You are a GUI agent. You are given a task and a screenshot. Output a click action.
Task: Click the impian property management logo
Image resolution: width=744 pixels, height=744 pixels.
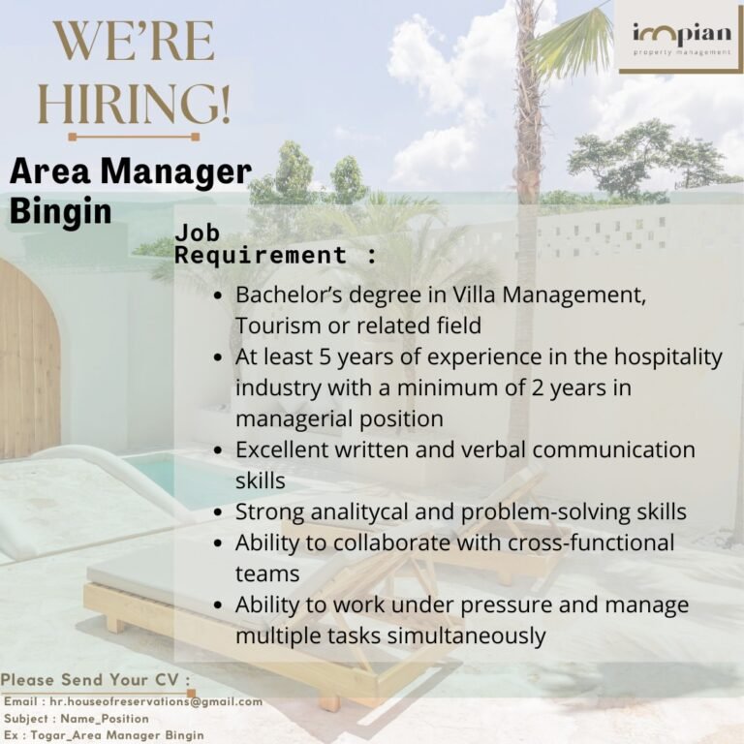680,37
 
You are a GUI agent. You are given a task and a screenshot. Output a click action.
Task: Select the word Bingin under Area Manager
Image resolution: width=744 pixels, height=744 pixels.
61,210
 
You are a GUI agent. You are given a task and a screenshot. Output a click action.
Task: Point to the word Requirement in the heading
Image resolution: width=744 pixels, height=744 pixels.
261,256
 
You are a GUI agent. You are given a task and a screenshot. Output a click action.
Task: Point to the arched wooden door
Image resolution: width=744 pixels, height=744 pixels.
28,358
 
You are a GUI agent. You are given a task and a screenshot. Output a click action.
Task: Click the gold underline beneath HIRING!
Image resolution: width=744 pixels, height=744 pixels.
134,137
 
